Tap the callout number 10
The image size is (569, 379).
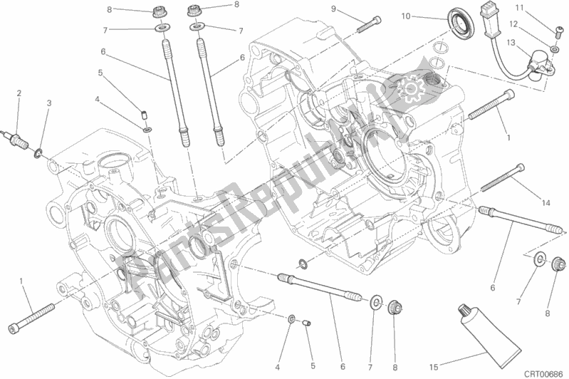[x=406, y=16]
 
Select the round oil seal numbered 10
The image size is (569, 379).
[x=460, y=24]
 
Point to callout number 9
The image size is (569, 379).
[x=333, y=9]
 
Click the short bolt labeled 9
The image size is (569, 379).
[x=370, y=24]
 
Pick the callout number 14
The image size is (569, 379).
[x=545, y=203]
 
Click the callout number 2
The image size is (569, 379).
[x=19, y=93]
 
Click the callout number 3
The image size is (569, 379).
[x=49, y=103]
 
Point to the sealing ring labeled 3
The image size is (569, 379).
[x=38, y=154]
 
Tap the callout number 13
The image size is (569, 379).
[x=511, y=43]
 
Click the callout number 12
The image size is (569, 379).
[x=513, y=24]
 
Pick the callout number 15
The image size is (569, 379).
[x=434, y=368]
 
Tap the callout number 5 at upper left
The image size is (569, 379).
[x=100, y=73]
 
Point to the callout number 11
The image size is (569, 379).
[x=520, y=8]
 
